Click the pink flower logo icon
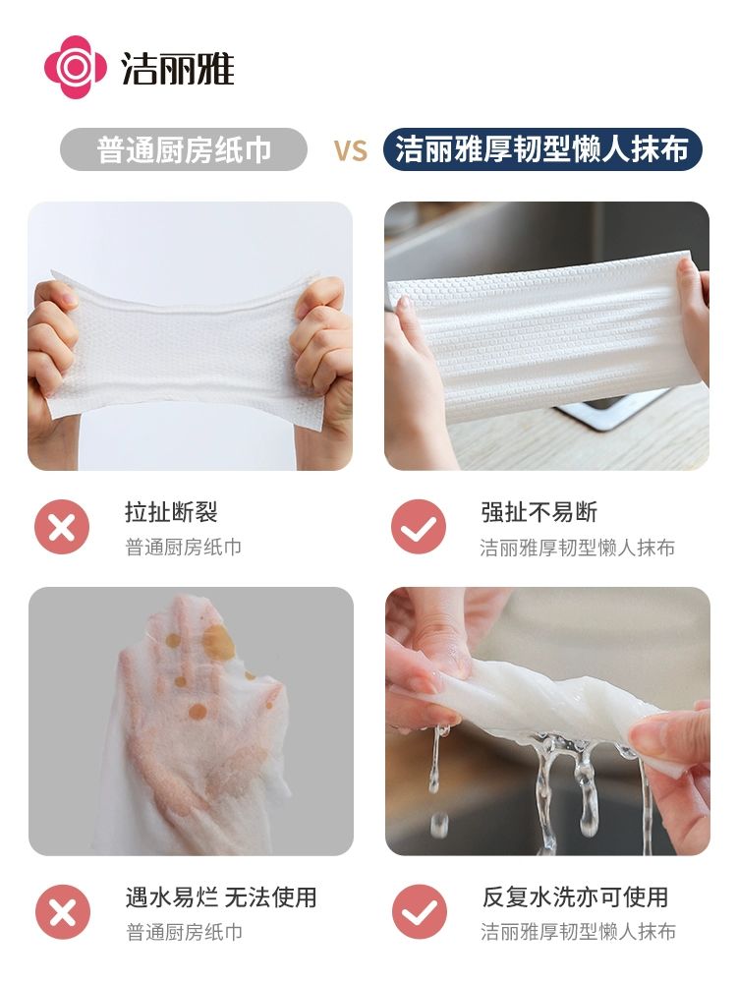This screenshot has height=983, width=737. click(x=75, y=67)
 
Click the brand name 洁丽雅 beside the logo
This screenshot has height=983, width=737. click(x=177, y=69)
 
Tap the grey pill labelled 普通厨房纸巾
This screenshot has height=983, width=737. click(x=184, y=149)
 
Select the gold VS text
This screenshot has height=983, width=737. click(x=351, y=151)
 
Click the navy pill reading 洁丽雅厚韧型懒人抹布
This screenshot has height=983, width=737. click(x=542, y=149)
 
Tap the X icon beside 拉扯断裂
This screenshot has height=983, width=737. click(x=62, y=527)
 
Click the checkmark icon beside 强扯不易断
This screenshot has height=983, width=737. click(x=419, y=527)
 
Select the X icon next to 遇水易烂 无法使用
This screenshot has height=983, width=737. click(x=63, y=911)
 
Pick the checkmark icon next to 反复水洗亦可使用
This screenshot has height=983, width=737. click(x=420, y=911)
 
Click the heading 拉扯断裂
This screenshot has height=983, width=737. click(x=171, y=512)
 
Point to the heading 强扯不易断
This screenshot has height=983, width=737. click(x=539, y=512)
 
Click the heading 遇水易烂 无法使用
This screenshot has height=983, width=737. click(x=221, y=897)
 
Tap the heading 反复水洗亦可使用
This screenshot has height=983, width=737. click(x=575, y=897)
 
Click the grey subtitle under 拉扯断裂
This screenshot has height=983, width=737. click(x=184, y=548)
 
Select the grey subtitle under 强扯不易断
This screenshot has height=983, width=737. click(x=577, y=548)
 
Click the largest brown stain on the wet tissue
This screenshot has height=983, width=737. click(x=217, y=641)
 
